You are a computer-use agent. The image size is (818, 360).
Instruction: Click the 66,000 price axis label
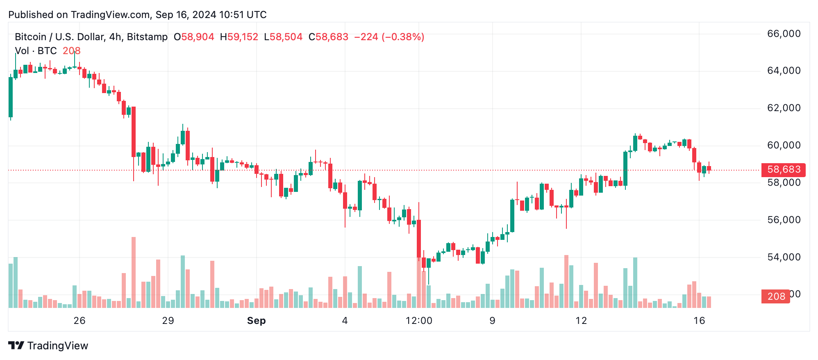tap(784, 34)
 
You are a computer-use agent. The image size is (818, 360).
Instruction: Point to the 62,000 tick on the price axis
tap(784, 108)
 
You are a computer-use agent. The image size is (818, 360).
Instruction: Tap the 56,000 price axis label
tap(784, 220)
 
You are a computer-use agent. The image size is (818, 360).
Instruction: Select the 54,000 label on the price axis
tap(784, 257)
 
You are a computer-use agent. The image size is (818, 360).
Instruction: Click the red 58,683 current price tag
tap(783, 169)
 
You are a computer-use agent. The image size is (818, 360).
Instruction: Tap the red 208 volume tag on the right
tap(775, 296)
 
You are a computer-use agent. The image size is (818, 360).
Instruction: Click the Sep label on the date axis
tap(256, 321)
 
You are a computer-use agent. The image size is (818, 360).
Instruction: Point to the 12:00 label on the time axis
tap(419, 321)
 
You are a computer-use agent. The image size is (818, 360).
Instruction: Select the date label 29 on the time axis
tap(168, 321)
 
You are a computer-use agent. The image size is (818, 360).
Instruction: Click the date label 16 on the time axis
tap(699, 321)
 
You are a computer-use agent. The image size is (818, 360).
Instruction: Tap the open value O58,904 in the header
tap(194, 37)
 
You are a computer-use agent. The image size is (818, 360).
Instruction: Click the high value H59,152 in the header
tap(239, 37)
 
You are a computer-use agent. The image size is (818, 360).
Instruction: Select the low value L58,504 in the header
tap(283, 37)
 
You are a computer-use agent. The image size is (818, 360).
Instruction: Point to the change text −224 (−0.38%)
tap(389, 37)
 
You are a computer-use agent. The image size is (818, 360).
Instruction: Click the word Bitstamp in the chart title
tap(147, 37)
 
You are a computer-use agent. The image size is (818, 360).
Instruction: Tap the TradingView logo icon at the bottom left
tap(16, 346)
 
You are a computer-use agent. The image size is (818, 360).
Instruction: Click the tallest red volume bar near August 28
tap(134, 272)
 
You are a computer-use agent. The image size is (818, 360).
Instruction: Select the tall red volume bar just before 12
tap(566, 281)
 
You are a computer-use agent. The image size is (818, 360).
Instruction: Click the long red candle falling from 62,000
tap(134, 131)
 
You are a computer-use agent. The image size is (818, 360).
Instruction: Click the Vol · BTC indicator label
tap(36, 51)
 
